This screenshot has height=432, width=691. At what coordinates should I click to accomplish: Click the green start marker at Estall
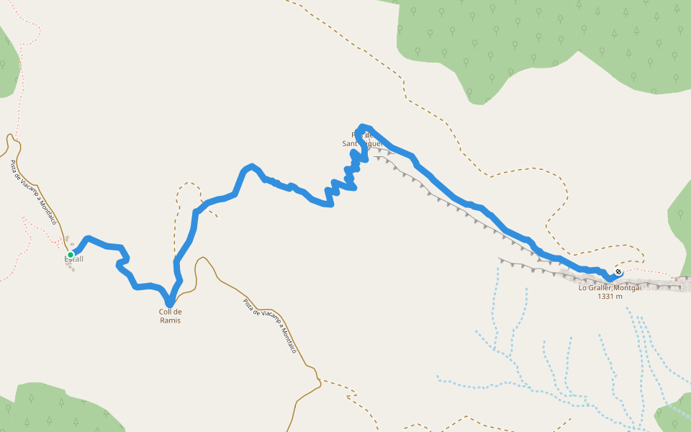pyautogui.click(x=71, y=255)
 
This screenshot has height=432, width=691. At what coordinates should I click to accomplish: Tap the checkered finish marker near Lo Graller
pyautogui.click(x=618, y=271)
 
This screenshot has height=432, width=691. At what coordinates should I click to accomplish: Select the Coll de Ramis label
pyautogui.click(x=170, y=316)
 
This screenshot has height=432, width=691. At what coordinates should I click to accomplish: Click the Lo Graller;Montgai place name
pyautogui.click(x=609, y=288)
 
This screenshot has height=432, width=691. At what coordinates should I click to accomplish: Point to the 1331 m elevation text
pyautogui.click(x=609, y=296)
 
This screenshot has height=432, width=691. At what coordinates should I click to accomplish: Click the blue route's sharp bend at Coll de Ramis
pyautogui.click(x=169, y=302)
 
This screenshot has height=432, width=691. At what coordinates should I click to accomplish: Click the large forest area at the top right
pyautogui.click(x=547, y=43)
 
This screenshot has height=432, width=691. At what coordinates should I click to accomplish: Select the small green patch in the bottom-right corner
pyautogui.click(x=673, y=418)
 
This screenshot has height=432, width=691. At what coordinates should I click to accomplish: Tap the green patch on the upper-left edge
pyautogui.click(x=7, y=65)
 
